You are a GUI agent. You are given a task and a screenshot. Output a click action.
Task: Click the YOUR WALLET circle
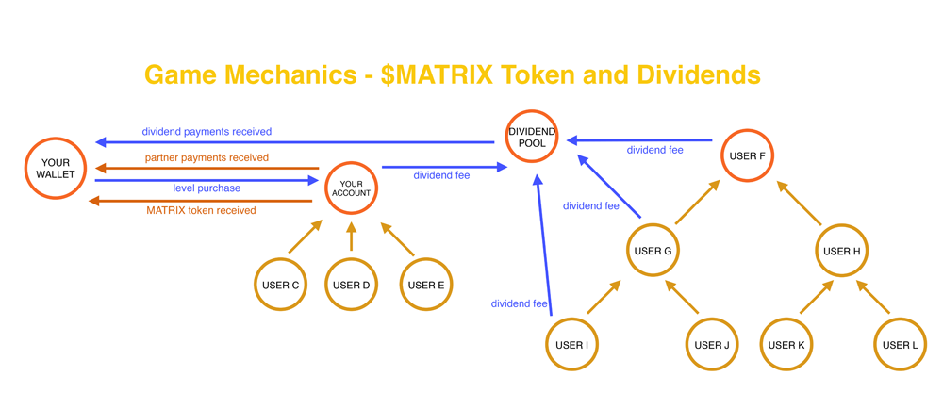[56, 169]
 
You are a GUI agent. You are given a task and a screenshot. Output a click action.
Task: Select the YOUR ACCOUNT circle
[351, 188]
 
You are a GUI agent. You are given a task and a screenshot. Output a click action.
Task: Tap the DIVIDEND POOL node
[532, 138]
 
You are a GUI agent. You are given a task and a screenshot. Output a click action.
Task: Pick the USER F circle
[748, 155]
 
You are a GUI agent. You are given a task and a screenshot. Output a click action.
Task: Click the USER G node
[653, 252]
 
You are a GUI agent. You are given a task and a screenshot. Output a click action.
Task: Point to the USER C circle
[280, 285]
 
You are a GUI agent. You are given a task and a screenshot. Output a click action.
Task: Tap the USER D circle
[351, 285]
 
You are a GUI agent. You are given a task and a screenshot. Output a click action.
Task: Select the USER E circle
[426, 285]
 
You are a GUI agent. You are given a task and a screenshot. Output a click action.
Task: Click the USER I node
[572, 345]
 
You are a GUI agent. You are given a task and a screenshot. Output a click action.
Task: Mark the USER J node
[712, 345]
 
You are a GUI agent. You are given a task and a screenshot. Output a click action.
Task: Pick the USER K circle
[786, 345]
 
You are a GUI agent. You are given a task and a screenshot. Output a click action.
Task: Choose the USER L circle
[901, 345]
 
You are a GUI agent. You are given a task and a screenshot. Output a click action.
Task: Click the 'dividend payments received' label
[207, 132]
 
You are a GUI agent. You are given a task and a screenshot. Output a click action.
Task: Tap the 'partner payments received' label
[207, 157]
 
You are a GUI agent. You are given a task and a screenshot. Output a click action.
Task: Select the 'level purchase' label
[207, 188]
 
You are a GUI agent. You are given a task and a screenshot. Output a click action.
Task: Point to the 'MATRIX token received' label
[201, 210]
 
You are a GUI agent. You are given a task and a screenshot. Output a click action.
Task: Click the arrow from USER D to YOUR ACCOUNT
[351, 236]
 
